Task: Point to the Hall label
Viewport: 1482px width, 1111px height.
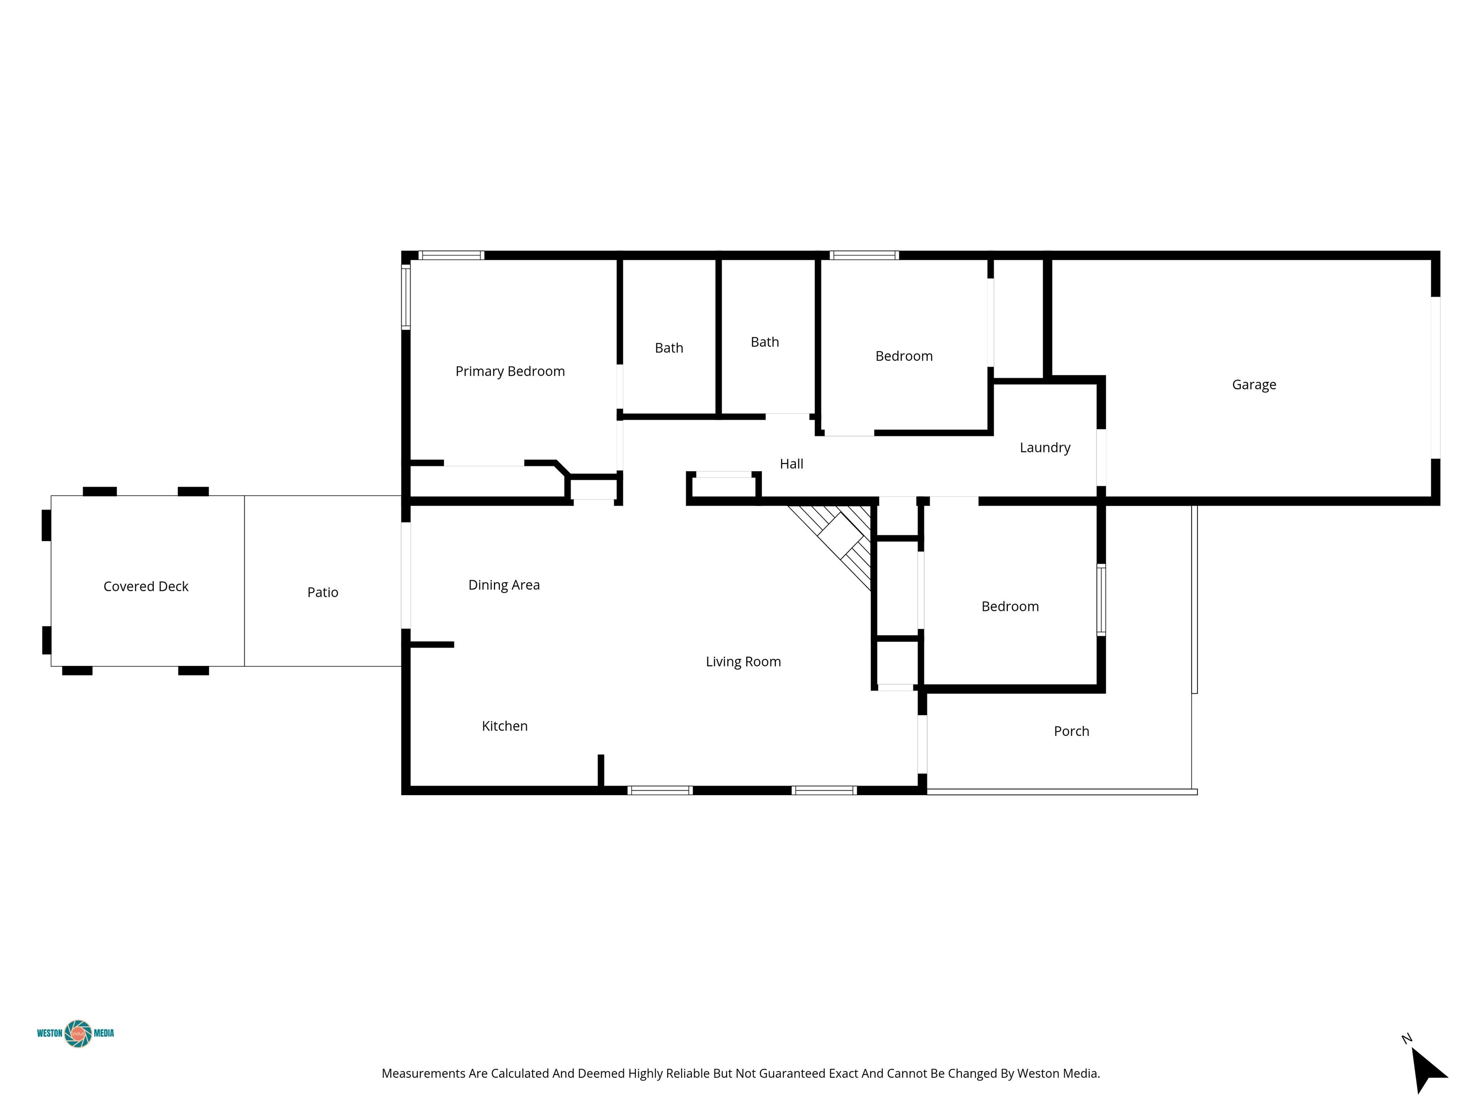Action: pyautogui.click(x=791, y=463)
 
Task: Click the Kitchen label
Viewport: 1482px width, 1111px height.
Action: pyautogui.click(x=505, y=726)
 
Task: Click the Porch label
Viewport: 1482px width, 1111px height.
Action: pyautogui.click(x=1071, y=732)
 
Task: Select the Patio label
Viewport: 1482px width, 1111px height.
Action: pyautogui.click(x=322, y=592)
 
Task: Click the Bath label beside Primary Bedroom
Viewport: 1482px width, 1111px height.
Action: pyautogui.click(x=669, y=348)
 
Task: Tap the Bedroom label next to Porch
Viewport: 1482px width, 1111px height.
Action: pyautogui.click(x=1010, y=607)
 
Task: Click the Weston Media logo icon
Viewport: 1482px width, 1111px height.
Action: pyautogui.click(x=78, y=1033)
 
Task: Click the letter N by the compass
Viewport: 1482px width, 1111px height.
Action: pyautogui.click(x=1406, y=1039)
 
